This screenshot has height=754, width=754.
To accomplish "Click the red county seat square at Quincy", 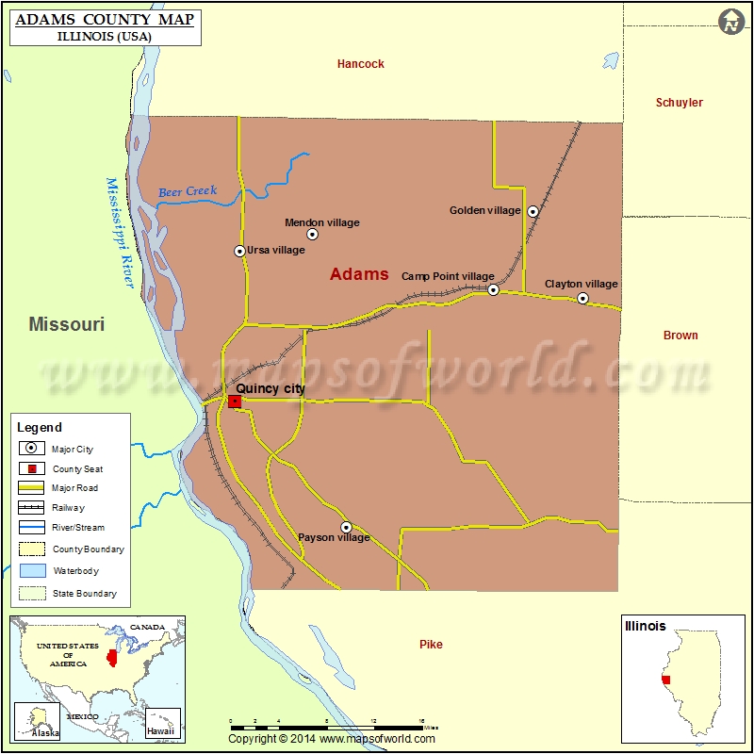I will [x=235, y=402].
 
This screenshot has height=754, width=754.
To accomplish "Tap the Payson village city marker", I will [x=346, y=527].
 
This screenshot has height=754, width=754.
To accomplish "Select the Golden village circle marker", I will [x=533, y=212].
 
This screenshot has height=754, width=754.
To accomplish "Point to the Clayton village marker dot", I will [x=582, y=299].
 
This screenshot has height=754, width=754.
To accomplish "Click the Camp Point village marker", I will [x=493, y=290].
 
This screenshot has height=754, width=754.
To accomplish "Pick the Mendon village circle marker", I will [x=313, y=235].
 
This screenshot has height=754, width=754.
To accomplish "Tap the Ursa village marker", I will [x=239, y=251].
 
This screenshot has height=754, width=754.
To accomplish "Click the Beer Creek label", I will [x=188, y=191].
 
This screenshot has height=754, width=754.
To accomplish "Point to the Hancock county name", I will [x=361, y=64].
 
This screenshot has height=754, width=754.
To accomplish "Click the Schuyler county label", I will [x=680, y=103].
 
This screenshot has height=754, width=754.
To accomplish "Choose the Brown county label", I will [x=680, y=336].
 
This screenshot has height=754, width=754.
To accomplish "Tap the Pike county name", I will [x=431, y=645].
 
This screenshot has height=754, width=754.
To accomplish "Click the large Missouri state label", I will [x=66, y=325].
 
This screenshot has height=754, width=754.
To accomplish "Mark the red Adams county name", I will [x=359, y=274].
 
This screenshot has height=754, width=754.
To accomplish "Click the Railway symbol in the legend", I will [x=32, y=508].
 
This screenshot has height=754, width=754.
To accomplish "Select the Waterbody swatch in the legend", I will [x=32, y=571].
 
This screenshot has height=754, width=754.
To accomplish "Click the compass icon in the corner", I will [x=731, y=22].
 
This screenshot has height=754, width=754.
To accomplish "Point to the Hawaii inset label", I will [x=160, y=731].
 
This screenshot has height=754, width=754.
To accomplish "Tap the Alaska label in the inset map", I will [x=44, y=732].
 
